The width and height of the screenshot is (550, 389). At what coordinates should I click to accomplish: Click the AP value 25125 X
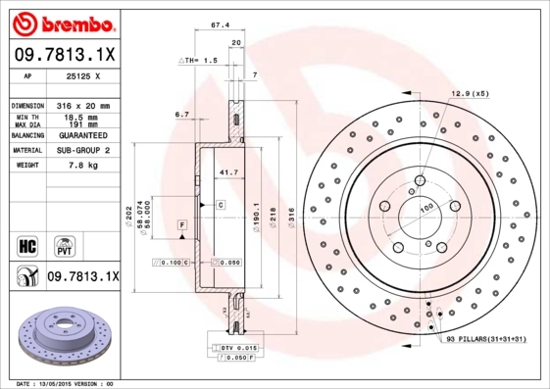(83, 75)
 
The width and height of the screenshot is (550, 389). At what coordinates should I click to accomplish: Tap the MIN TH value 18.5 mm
(86, 116)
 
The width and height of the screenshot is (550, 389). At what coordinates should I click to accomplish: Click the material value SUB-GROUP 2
(83, 151)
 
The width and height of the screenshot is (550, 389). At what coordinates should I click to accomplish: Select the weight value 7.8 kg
(83, 167)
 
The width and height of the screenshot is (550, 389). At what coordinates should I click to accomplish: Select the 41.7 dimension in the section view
(227, 172)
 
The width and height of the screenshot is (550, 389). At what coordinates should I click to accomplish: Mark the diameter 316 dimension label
(289, 211)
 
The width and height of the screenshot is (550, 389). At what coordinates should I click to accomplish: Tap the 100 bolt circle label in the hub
(427, 208)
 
